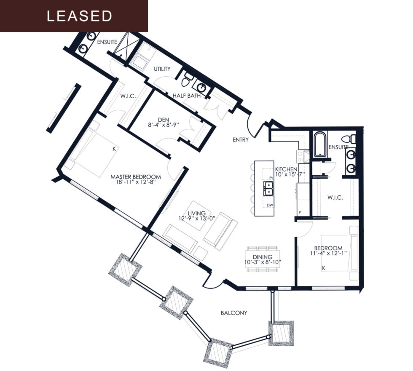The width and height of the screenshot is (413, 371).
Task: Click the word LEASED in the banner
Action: [79, 16]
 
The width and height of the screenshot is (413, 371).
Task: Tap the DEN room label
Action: [164, 120]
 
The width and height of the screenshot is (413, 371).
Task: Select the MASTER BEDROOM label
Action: [136, 177]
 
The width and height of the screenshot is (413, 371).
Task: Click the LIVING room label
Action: [197, 213]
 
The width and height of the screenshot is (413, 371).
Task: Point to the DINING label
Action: [263, 257]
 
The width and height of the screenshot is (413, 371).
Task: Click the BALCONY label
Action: [234, 313]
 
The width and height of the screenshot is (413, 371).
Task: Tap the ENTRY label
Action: [241, 140]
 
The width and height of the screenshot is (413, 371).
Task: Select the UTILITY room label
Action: [162, 69]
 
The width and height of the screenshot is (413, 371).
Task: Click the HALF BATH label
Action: [186, 96]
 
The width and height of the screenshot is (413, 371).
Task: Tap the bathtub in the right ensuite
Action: [320, 144]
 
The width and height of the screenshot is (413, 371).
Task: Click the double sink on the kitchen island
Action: [268, 188]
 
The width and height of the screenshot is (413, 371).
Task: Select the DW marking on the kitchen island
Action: [270, 205]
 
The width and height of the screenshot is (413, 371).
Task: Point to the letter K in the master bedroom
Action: [114, 149]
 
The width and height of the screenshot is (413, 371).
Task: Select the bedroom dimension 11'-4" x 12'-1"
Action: [328, 253]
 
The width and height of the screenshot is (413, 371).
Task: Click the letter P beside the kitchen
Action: [300, 212]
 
